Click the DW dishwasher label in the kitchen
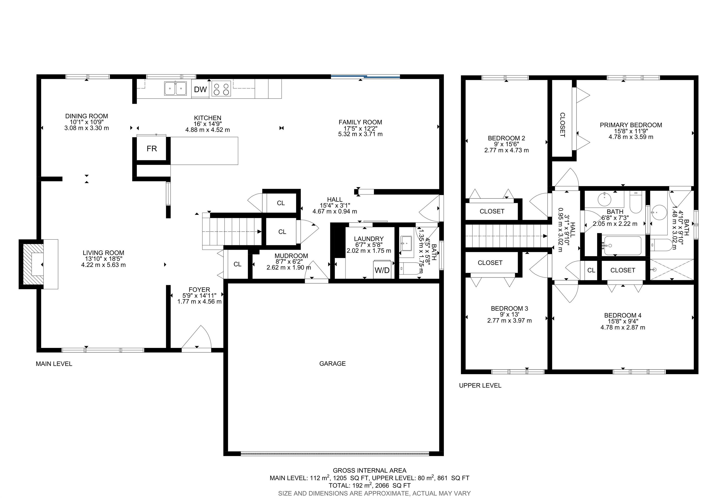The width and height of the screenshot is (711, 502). tap(200, 90)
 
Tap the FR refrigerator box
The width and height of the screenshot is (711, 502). tap(152, 149)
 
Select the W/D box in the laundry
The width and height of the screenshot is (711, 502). tap(382, 270)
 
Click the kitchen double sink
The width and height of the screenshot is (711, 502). tap(175, 88)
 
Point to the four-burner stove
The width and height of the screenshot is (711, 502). tap(221, 89)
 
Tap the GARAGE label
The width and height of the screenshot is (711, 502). tap(332, 364)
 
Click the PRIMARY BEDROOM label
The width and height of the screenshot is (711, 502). tap(631, 125)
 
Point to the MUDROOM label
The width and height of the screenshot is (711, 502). tap(291, 256)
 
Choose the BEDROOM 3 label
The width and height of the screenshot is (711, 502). tap(509, 309)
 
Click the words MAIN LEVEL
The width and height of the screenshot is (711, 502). tap(54, 364)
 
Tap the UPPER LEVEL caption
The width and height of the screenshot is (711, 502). tap(480, 386)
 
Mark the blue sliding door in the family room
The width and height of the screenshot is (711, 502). tap(365, 76)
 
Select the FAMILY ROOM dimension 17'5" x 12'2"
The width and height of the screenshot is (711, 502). tap(360, 128)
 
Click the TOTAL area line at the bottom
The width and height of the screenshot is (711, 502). tap(369, 486)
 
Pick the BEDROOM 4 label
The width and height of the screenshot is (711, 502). tap(623, 315)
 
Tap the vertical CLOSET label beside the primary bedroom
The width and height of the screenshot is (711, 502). tap(562, 125)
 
